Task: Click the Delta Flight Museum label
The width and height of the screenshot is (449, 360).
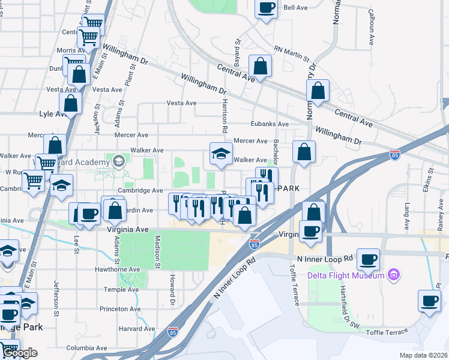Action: tap(346, 275)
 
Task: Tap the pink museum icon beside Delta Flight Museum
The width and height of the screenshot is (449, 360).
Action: tap(394, 275)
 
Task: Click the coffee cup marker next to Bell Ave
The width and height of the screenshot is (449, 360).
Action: tap(267, 8)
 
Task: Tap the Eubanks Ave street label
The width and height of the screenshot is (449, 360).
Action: tap(270, 124)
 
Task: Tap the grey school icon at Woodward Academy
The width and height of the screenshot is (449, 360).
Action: tap(119, 160)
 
